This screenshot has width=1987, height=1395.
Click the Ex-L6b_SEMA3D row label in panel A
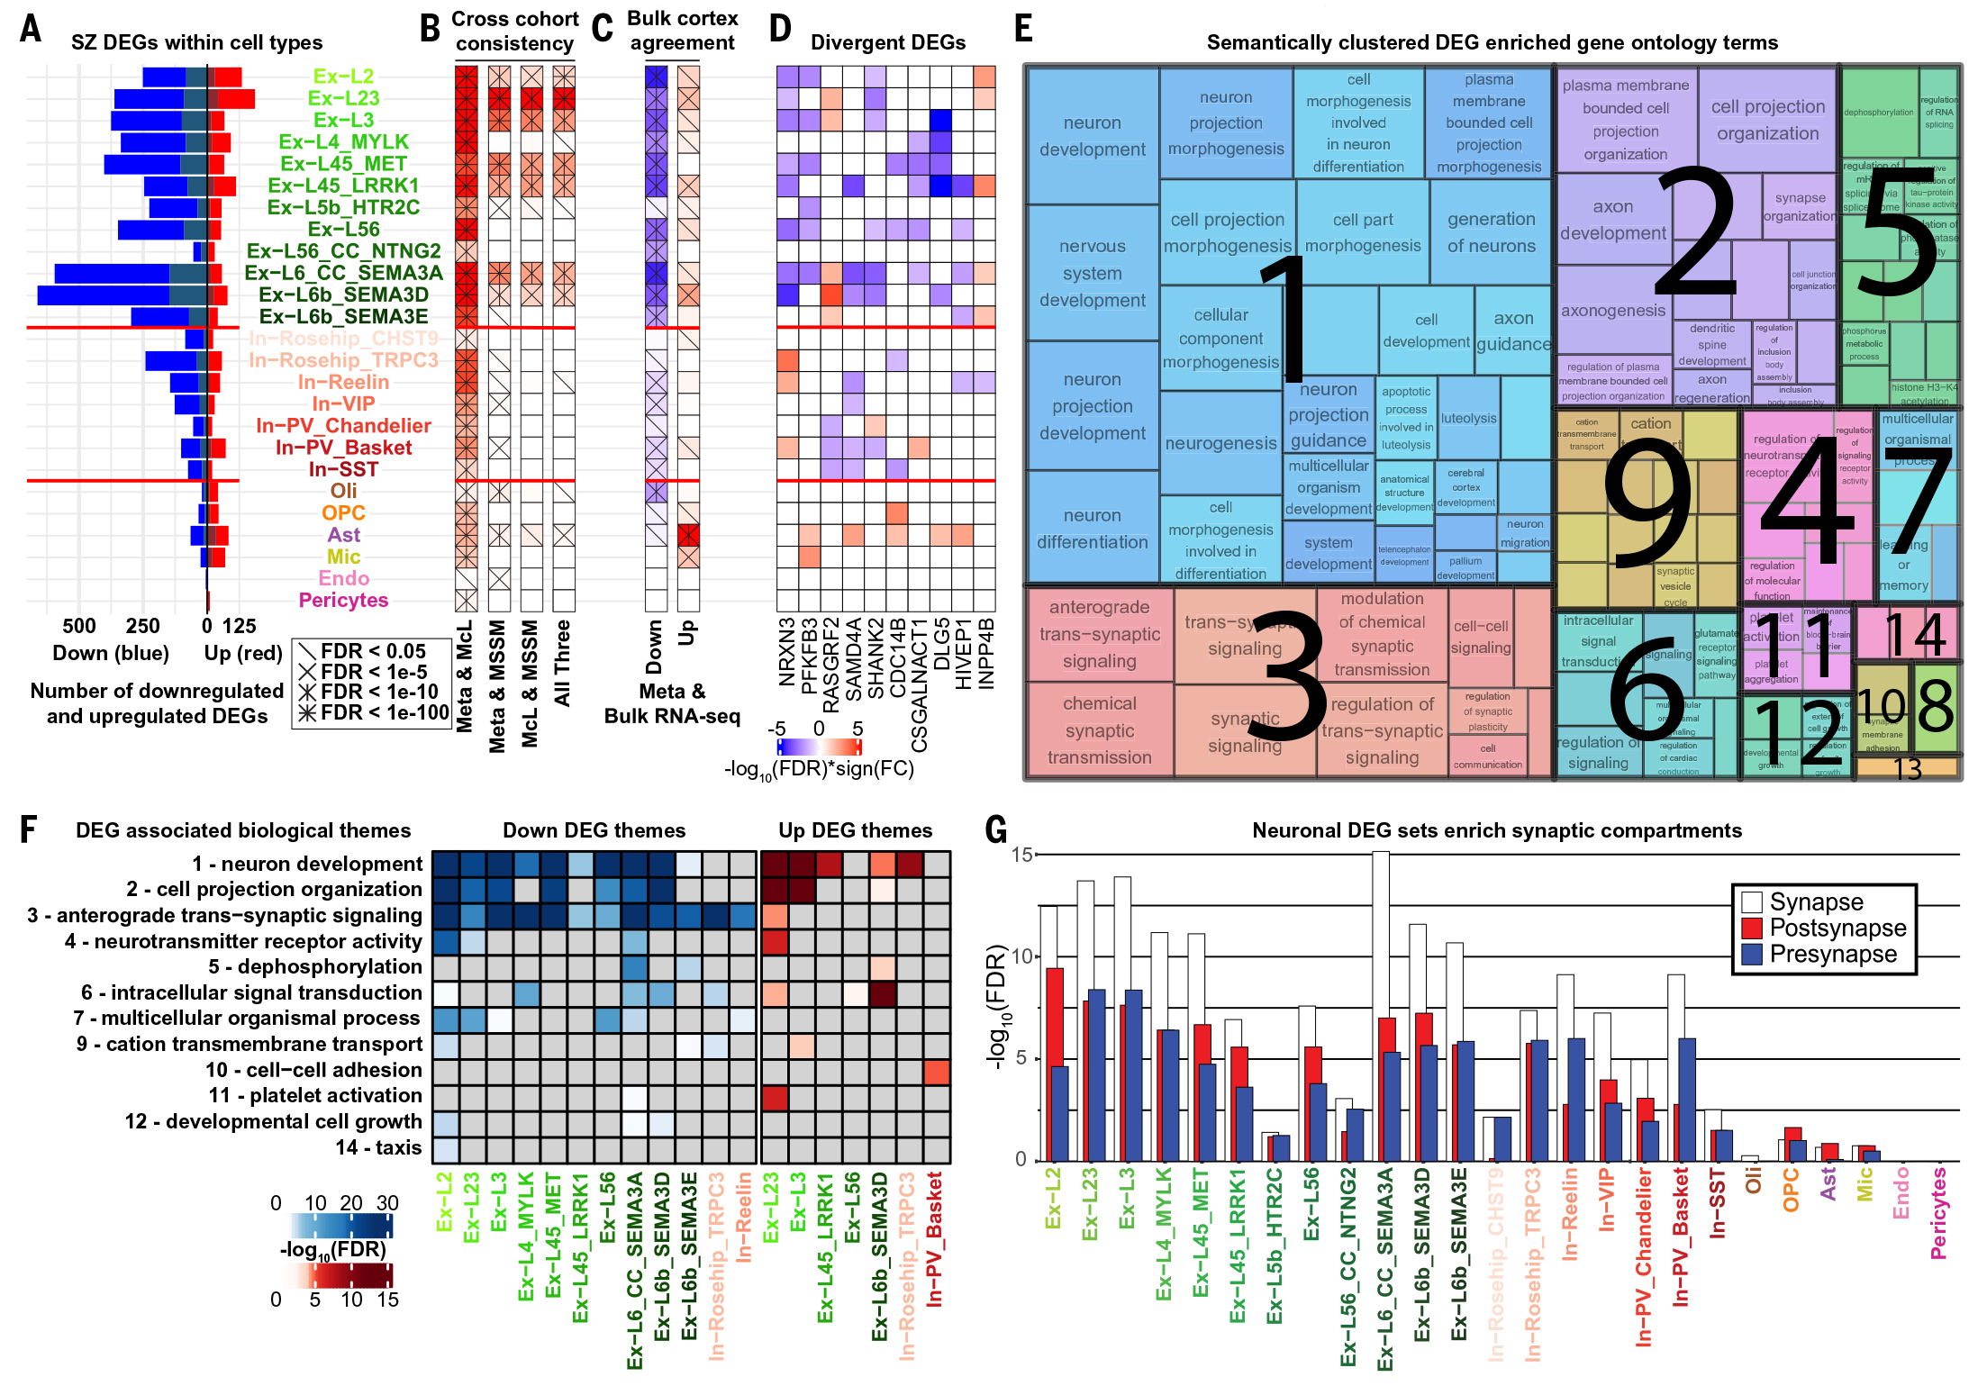(343, 294)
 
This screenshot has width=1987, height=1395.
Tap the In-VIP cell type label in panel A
(343, 403)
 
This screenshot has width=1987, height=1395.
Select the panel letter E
(1023, 29)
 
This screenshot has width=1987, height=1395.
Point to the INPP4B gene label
(986, 653)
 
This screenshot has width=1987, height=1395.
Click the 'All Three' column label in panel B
(563, 662)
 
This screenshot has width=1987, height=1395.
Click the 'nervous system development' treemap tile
(1092, 273)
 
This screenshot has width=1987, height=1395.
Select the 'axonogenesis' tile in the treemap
(1612, 311)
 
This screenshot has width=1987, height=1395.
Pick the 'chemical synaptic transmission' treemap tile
(1099, 730)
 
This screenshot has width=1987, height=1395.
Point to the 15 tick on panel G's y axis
(1021, 855)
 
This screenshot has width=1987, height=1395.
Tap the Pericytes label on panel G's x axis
(1938, 1212)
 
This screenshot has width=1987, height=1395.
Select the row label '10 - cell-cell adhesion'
(313, 1070)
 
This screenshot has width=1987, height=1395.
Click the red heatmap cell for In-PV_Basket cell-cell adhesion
(937, 1072)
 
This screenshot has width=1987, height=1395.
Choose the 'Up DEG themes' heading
(855, 830)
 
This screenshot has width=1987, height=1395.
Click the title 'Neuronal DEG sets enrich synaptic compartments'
(1496, 830)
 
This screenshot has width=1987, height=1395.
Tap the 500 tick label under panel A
(79, 626)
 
